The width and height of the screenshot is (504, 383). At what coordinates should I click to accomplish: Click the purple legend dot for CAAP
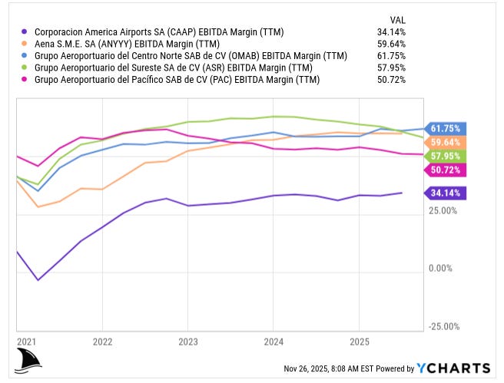click(25, 32)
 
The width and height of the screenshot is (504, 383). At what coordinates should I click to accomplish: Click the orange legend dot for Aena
click(25, 45)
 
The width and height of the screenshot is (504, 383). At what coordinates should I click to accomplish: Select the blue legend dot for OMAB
click(25, 56)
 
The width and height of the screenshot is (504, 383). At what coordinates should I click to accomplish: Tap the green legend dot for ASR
click(25, 68)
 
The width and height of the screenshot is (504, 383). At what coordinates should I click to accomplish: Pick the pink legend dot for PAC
click(25, 80)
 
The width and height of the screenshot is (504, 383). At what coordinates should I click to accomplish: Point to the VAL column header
click(397, 19)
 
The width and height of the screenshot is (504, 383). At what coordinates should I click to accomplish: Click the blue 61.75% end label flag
click(445, 129)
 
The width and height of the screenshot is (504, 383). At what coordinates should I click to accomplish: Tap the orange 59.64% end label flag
click(445, 143)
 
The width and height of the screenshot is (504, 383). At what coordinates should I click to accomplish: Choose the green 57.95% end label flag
click(445, 157)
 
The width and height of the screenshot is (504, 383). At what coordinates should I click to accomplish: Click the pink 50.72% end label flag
click(445, 170)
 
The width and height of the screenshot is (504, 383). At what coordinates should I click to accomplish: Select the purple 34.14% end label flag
click(445, 193)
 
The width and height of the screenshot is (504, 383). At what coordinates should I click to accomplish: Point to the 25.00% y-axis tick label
click(443, 210)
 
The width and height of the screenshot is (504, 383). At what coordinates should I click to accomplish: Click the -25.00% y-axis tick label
click(442, 327)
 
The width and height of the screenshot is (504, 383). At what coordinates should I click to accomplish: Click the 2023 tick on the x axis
click(188, 340)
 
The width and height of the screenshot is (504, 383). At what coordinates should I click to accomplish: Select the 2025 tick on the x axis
click(360, 340)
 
